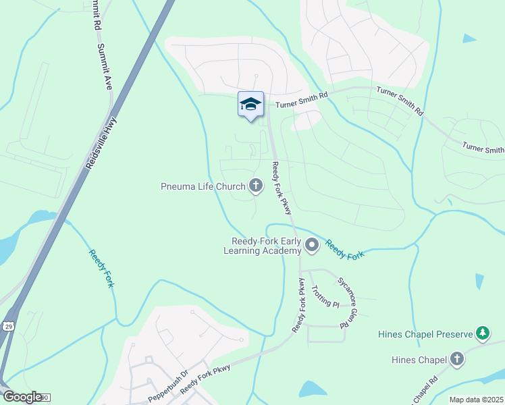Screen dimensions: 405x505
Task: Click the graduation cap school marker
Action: pyautogui.click(x=250, y=104)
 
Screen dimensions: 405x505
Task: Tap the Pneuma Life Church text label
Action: pyautogui.click(x=203, y=186)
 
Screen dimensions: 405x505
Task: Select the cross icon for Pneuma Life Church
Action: pyautogui.click(x=256, y=185)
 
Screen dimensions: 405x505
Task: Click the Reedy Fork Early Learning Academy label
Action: pyautogui.click(x=266, y=246)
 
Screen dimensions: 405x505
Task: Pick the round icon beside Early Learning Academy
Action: pyautogui.click(x=311, y=246)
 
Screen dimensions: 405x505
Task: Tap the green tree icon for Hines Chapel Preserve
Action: pyautogui.click(x=482, y=333)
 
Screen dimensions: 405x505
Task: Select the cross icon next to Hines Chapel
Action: pyautogui.click(x=457, y=359)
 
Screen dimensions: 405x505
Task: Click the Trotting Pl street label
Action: pyautogui.click(x=325, y=296)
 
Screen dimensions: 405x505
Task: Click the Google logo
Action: pyautogui.click(x=22, y=397)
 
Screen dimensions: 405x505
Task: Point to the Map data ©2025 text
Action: pyautogui.click(x=475, y=400)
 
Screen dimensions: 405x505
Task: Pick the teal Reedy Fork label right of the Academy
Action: pyautogui.click(x=345, y=248)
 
